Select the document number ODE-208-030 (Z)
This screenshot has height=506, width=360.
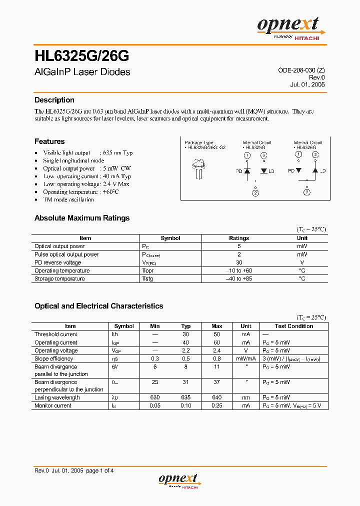(x=301, y=70)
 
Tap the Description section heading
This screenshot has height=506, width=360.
(x=54, y=100)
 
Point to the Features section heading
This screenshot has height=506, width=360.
(x=49, y=141)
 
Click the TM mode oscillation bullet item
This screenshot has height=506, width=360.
(x=68, y=199)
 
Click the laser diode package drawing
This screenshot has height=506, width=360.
(x=199, y=168)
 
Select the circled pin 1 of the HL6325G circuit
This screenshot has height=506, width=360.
(x=247, y=155)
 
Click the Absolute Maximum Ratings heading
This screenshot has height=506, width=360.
(x=81, y=218)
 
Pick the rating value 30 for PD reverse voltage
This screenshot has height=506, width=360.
(x=239, y=262)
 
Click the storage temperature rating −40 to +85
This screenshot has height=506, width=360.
(x=239, y=278)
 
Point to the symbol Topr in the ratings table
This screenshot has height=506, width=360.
(x=147, y=270)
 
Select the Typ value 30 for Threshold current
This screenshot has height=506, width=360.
(x=185, y=334)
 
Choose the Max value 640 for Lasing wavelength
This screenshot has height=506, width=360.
(x=217, y=397)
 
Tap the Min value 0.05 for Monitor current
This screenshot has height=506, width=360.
(x=155, y=405)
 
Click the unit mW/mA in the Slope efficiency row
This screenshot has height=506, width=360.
(x=246, y=359)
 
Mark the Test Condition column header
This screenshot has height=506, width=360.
(x=294, y=326)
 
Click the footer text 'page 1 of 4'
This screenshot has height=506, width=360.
(x=100, y=470)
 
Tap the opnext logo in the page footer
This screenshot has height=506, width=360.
(x=179, y=480)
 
